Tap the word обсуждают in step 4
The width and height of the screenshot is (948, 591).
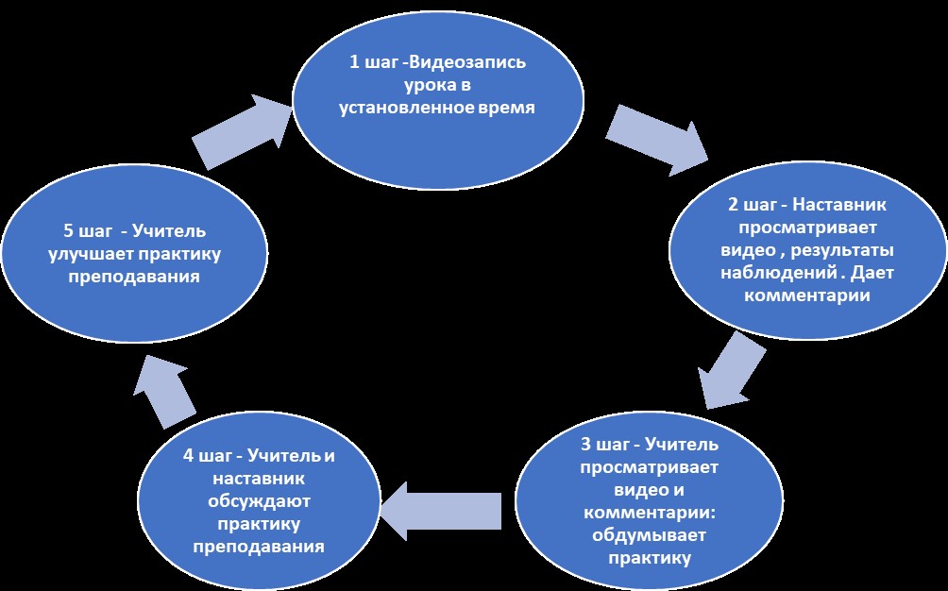[x=258, y=501]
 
